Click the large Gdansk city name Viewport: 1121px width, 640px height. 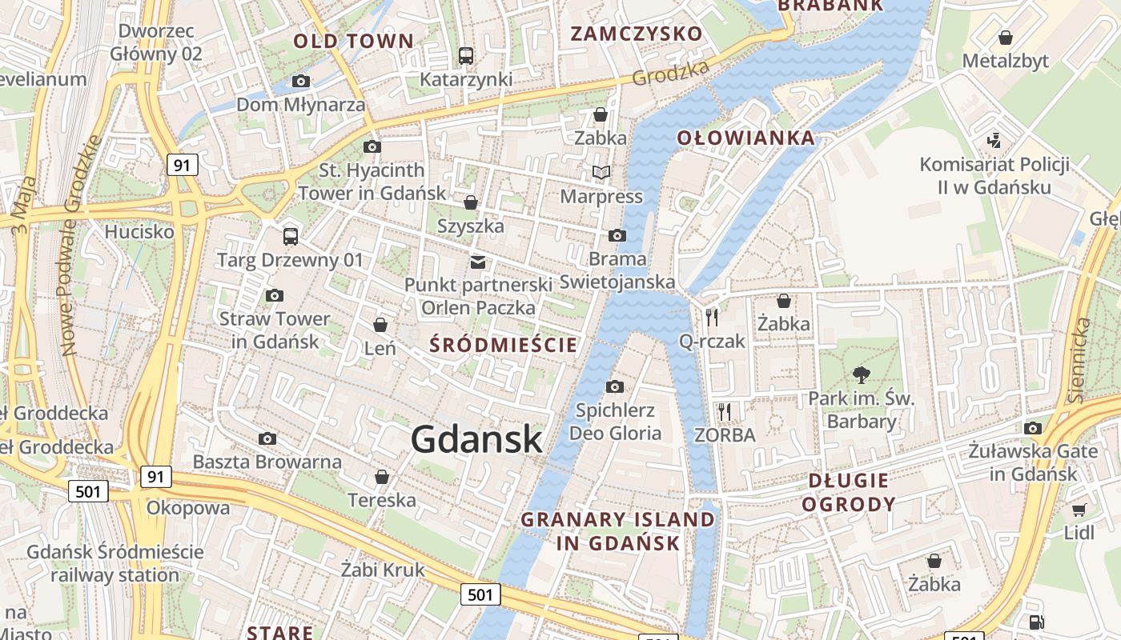pos(476,439)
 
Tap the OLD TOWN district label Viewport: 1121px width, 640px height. pos(353,41)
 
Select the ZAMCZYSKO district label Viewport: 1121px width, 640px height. pos(636,34)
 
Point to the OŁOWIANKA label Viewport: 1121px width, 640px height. pos(745,138)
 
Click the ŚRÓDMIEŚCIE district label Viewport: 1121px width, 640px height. pos(503,345)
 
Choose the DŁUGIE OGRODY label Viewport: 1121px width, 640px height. pos(848,492)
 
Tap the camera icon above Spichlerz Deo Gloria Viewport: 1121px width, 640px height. pos(615,387)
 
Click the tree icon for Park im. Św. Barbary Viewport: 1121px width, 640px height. pos(862,374)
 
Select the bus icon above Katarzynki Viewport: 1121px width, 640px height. pos(465,55)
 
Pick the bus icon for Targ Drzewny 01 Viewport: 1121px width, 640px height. pos(290,236)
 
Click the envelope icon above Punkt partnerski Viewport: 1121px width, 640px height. pos(478,262)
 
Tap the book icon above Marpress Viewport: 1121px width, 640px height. pos(601,172)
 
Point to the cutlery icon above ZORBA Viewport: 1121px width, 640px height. pos(725,412)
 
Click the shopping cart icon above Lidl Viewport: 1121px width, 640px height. pos(1079,510)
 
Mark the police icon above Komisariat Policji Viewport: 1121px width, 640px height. pos(994,141)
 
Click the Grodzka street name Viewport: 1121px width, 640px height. pos(670,74)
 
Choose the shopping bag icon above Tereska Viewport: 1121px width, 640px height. pos(382,477)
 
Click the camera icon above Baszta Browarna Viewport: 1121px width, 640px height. pos(267,438)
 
